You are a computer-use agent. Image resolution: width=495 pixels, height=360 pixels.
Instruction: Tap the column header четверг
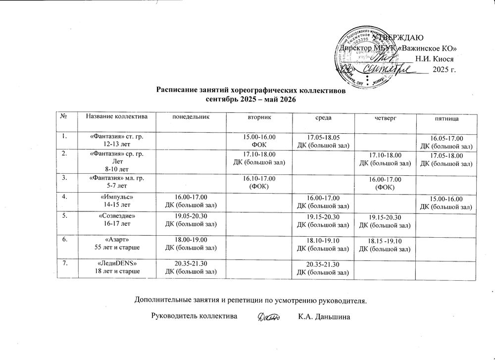tap(384, 119)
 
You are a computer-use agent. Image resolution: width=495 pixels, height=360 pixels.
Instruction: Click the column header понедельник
tap(191, 119)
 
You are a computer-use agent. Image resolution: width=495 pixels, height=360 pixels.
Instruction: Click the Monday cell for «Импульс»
tap(191, 202)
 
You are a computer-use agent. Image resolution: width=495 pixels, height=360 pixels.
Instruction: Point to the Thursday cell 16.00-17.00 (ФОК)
tap(384, 183)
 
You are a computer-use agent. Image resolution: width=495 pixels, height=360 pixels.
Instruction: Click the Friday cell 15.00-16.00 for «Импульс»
tap(445, 203)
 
